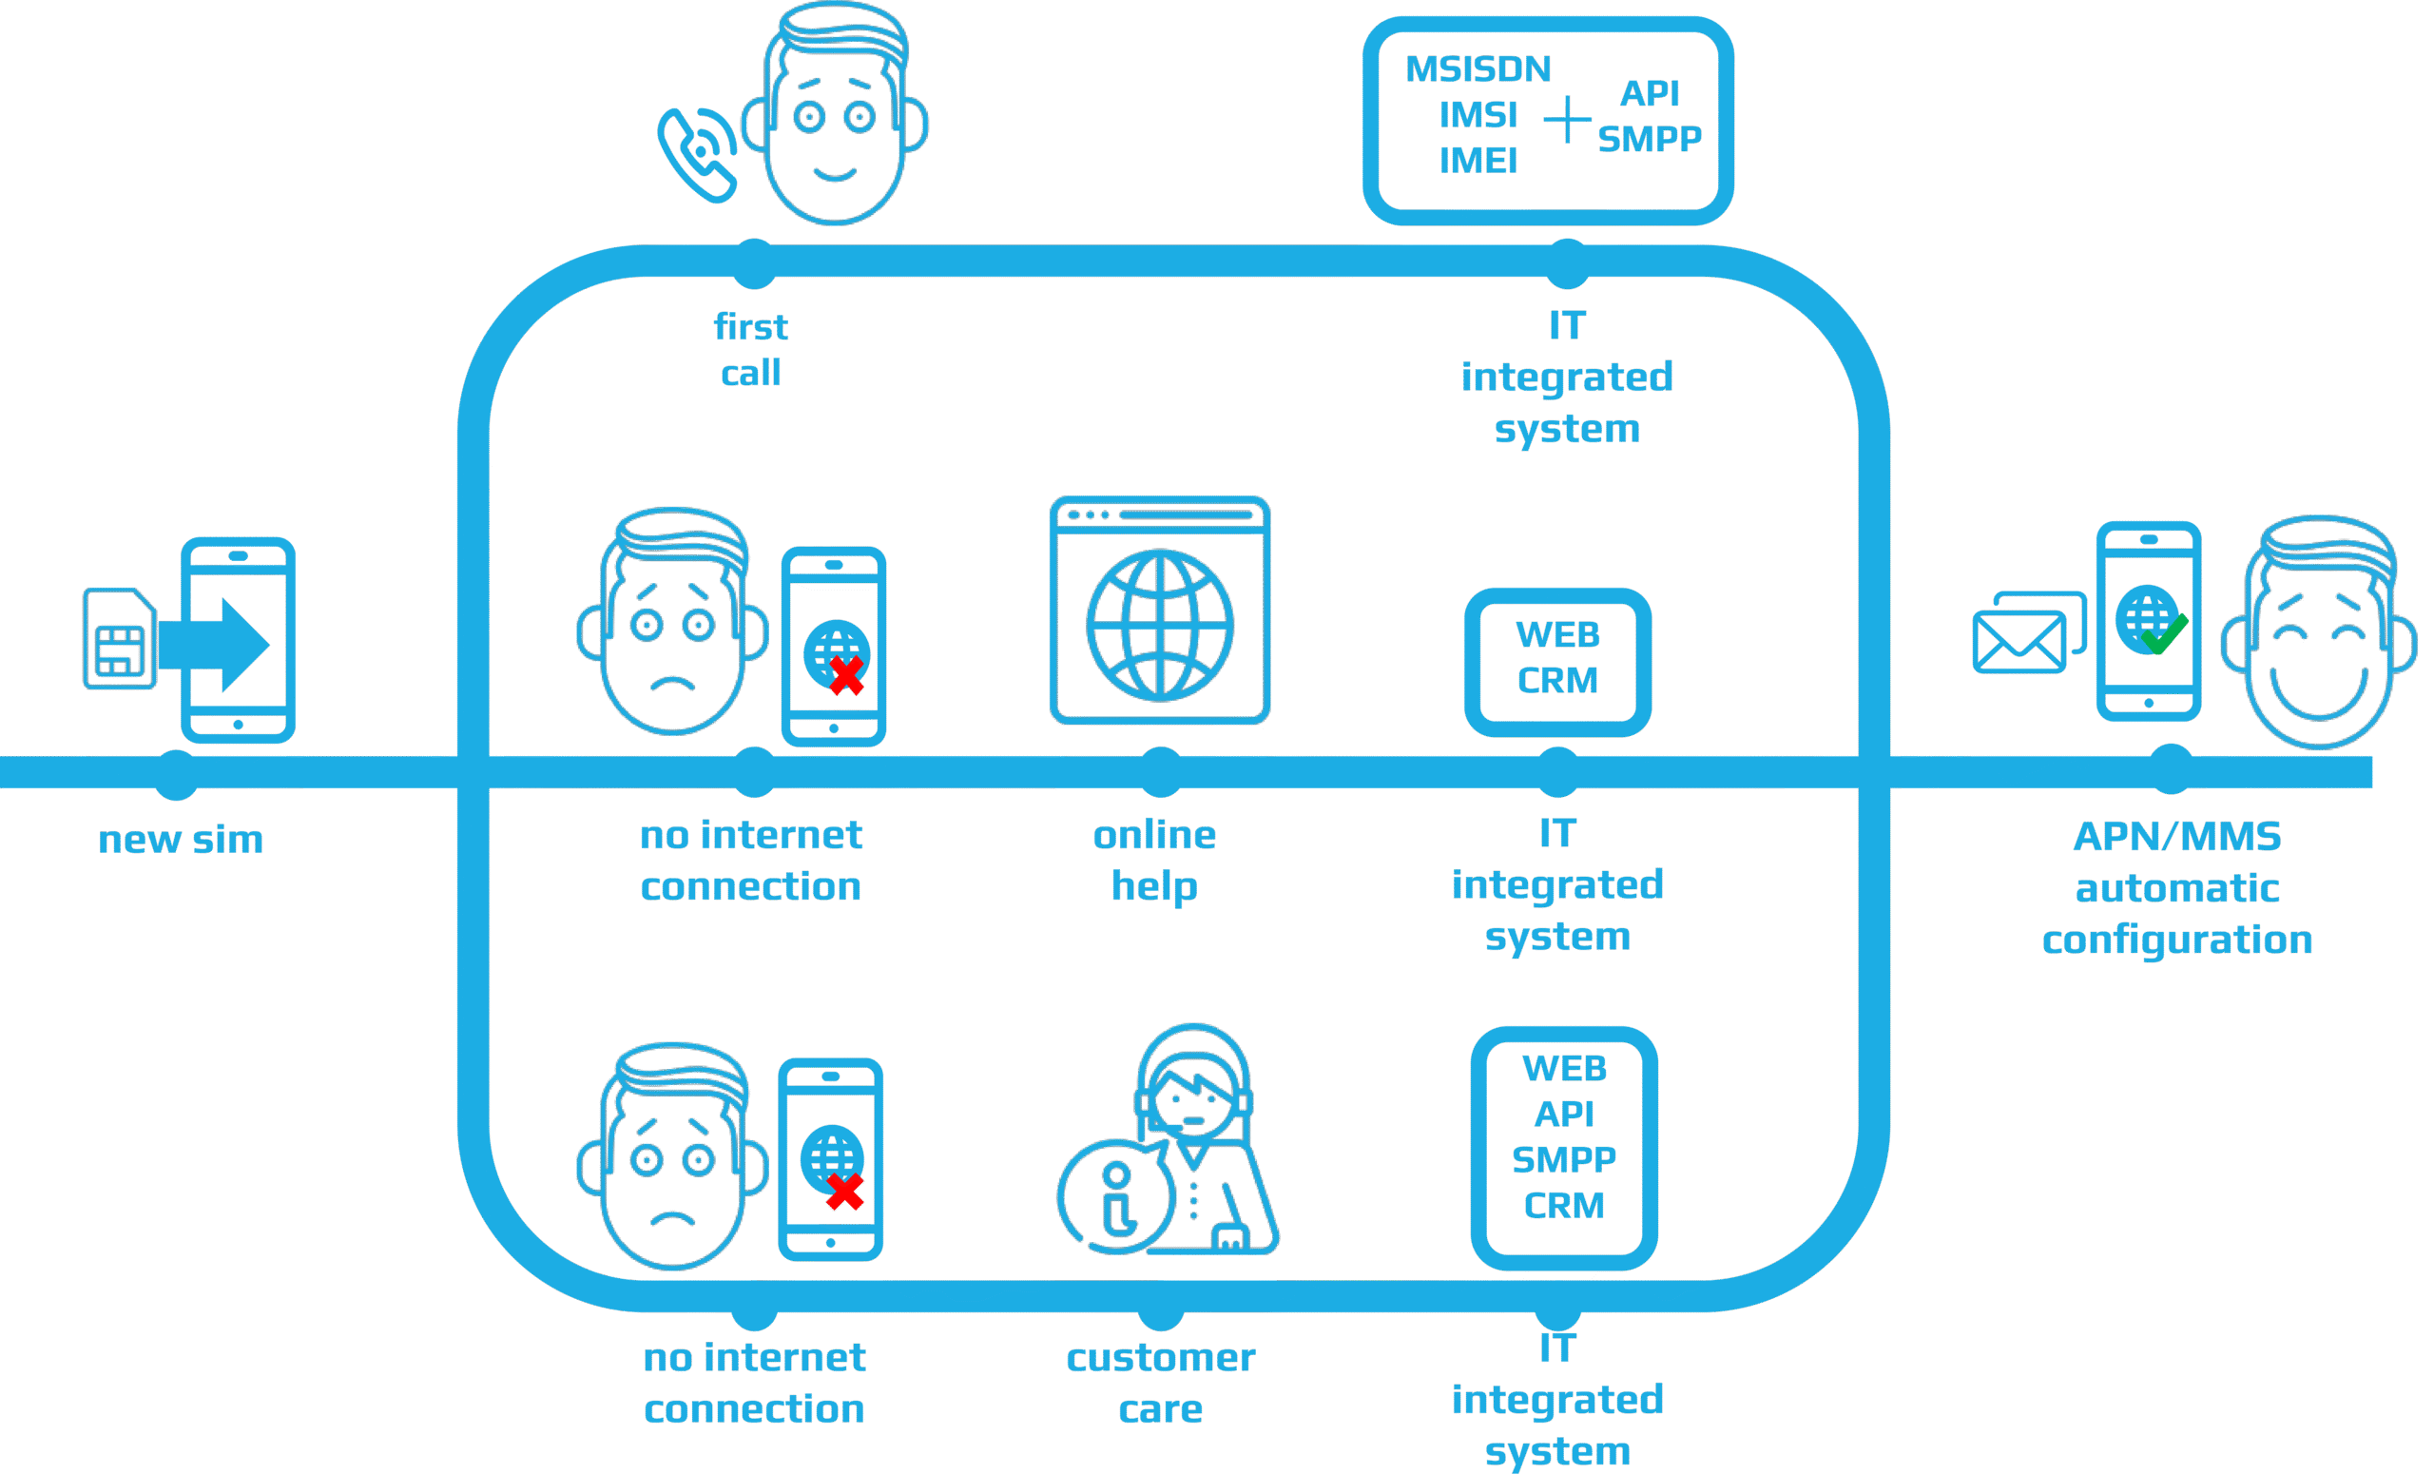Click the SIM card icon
pyautogui.click(x=120, y=639)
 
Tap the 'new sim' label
pyautogui.click(x=181, y=840)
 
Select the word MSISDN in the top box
pyautogui.click(x=1478, y=69)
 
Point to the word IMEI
pyautogui.click(x=1478, y=161)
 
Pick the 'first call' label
pyautogui.click(x=751, y=350)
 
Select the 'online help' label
pyautogui.click(x=1154, y=861)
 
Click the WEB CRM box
pyautogui.click(x=1556, y=659)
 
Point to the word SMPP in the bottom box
pyautogui.click(x=1564, y=1159)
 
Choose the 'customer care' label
pyautogui.click(x=1161, y=1383)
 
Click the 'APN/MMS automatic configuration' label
pyautogui.click(x=2177, y=887)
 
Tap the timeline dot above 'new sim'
pyautogui.click(x=177, y=773)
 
